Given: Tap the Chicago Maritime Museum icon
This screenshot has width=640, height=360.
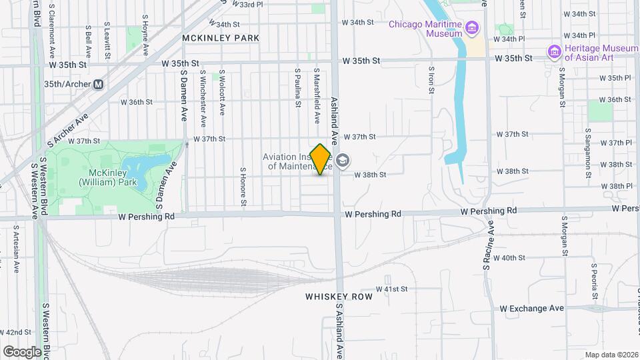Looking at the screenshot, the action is (x=472, y=27).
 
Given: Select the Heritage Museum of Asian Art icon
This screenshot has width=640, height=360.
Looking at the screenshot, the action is (x=554, y=51).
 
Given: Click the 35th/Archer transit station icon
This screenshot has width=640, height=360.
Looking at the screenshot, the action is (x=99, y=85).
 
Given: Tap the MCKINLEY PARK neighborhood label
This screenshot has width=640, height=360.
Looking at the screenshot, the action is (x=221, y=38).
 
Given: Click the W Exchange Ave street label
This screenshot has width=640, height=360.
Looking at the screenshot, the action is (x=532, y=308).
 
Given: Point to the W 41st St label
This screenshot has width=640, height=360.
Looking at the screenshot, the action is (x=391, y=289).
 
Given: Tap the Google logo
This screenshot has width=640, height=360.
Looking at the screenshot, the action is (x=22, y=351).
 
